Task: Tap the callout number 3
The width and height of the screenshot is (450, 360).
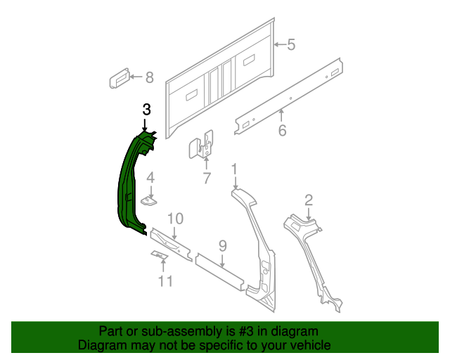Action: [146, 109]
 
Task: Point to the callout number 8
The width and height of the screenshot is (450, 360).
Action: [148, 78]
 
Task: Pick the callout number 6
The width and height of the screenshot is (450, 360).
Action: [282, 130]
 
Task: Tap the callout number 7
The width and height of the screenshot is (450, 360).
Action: [207, 179]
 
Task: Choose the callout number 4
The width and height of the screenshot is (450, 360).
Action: [150, 179]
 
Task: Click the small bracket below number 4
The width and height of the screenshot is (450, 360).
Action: [149, 201]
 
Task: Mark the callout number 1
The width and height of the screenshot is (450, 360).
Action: [235, 169]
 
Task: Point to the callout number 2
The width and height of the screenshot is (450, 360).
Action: [308, 199]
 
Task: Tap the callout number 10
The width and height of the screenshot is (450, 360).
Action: [175, 218]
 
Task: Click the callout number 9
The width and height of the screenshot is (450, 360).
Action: [222, 245]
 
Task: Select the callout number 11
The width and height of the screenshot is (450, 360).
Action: [165, 283]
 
